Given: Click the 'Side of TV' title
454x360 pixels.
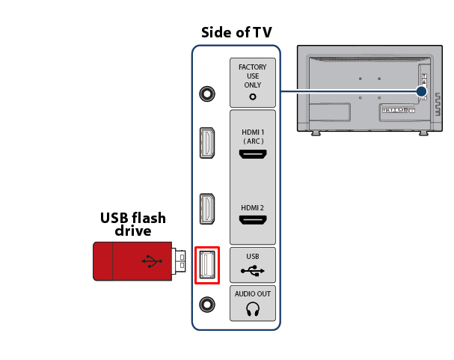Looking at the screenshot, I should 236,32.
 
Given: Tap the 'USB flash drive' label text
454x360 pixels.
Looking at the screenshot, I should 133,225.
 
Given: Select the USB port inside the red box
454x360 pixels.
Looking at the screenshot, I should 206,264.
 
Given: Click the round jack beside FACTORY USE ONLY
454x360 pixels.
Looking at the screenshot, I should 207,94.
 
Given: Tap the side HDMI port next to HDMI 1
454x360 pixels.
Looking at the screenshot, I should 207,142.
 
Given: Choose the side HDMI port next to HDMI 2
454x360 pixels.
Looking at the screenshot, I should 207,210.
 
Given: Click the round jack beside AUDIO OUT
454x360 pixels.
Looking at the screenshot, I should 207,305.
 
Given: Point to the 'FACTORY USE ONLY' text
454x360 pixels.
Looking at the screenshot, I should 253,76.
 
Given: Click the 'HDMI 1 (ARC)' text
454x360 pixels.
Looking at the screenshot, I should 253,137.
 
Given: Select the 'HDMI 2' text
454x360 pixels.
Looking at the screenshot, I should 253,207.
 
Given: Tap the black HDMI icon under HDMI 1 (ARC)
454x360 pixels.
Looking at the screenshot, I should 253,155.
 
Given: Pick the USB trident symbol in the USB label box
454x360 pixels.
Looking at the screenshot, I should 253,271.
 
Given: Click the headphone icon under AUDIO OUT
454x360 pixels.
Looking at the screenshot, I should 253,308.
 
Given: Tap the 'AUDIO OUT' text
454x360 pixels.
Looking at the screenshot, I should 253,294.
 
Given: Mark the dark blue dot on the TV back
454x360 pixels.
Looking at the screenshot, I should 421,91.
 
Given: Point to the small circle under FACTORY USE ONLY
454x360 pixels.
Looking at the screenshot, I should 253,96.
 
